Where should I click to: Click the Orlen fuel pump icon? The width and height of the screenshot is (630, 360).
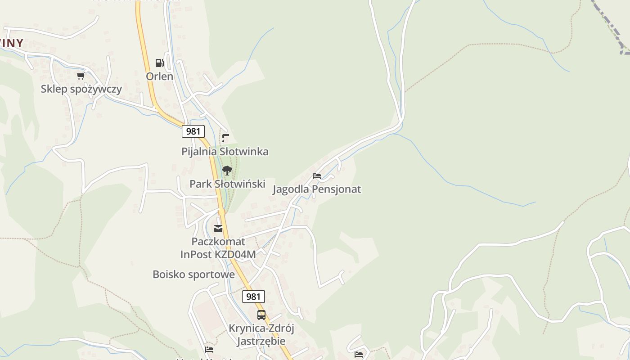coord(159,63)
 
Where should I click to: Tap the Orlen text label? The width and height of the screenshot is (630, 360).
coord(159,76)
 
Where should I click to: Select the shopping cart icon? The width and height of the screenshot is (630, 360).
coord(81,76)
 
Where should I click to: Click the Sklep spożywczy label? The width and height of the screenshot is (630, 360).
coord(81,89)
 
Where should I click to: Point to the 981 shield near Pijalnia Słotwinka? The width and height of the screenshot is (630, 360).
coord(193,131)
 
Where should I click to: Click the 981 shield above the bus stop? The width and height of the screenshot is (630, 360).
coord(253,297)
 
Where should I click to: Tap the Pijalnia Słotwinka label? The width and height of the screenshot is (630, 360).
coord(225,152)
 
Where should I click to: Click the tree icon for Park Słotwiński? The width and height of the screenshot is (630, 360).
coord(227,171)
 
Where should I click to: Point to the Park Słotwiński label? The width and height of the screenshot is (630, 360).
coord(227,184)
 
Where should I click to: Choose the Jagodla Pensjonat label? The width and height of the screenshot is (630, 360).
coord(317,189)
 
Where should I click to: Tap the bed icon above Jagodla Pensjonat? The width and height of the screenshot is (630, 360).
coord(317,176)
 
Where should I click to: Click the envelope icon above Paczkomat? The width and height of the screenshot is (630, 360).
coord(218,229)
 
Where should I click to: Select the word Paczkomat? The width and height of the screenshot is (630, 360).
coord(218,242)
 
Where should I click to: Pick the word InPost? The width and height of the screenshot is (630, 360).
coord(193,254)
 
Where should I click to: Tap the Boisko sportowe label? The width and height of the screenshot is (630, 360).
coord(193,274)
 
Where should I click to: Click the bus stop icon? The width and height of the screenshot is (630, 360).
coord(261,315)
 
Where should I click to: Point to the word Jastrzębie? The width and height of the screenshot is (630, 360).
coord(261,341)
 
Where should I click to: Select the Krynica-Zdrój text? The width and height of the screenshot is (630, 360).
coord(261,328)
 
